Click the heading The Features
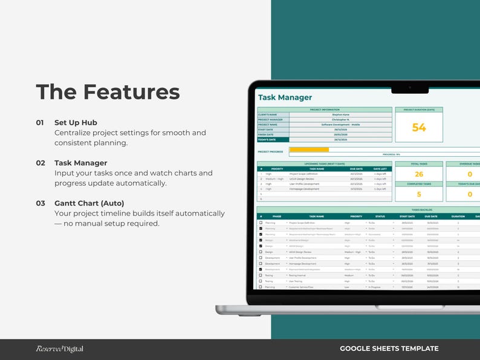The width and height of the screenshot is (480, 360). point(108,92)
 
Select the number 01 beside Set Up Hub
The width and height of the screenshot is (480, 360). point(40,122)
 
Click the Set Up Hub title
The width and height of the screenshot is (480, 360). point(76,122)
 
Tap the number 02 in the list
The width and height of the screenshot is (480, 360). point(41,163)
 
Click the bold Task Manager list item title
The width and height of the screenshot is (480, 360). point(80,163)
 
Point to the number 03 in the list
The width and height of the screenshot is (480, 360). point(41,203)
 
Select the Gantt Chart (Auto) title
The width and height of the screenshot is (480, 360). point(89,203)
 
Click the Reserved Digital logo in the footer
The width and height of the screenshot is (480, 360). point(59,349)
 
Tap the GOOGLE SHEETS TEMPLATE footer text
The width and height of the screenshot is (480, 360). point(389,349)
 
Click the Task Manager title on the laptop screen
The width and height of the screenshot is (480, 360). point(285,97)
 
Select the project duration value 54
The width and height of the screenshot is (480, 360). point(419,128)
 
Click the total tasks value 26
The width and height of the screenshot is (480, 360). point(419,174)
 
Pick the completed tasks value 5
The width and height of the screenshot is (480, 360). point(419,194)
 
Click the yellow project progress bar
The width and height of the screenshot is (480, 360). point(309,149)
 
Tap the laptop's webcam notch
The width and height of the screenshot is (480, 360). point(409,89)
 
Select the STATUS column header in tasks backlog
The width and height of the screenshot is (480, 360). point(380,216)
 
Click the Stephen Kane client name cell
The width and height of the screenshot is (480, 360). point(340,114)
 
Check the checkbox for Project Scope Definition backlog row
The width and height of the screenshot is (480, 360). point(261,223)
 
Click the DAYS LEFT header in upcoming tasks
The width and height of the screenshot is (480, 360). point(380,169)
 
